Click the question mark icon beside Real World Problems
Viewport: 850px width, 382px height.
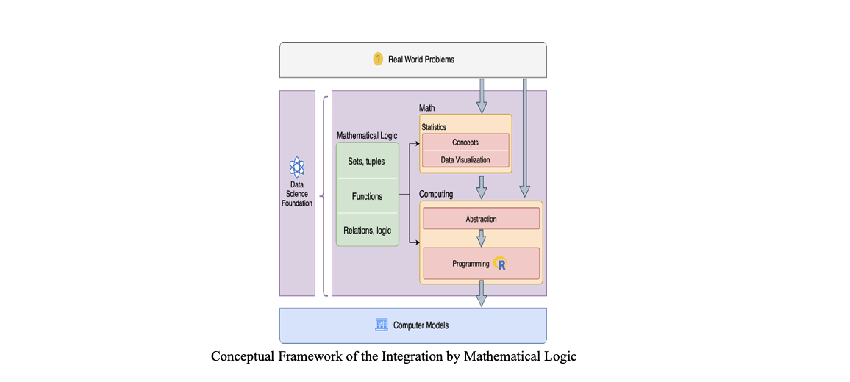coord(378,60)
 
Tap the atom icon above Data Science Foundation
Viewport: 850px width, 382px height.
coord(296,167)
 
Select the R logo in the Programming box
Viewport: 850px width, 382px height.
coord(501,264)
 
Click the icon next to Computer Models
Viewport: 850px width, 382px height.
coord(382,325)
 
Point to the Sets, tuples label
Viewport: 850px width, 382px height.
coord(366,161)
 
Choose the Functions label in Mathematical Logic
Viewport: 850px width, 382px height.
coord(367,196)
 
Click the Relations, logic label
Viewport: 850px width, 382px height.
coord(367,230)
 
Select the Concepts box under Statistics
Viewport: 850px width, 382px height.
coord(465,143)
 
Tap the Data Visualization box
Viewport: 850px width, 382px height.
coord(465,159)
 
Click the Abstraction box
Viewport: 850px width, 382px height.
coord(481,219)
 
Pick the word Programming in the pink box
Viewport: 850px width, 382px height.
coord(471,264)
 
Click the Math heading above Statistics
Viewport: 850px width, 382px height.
coord(426,109)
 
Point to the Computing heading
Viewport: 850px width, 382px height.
coord(436,194)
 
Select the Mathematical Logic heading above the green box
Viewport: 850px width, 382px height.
coord(366,136)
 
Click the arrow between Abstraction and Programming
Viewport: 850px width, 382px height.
coord(482,238)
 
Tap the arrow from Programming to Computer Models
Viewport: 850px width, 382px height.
coord(481,292)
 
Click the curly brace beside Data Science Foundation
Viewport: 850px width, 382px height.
coord(324,195)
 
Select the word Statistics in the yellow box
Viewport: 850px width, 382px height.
coord(434,127)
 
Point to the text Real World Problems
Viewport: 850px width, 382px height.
coord(421,60)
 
